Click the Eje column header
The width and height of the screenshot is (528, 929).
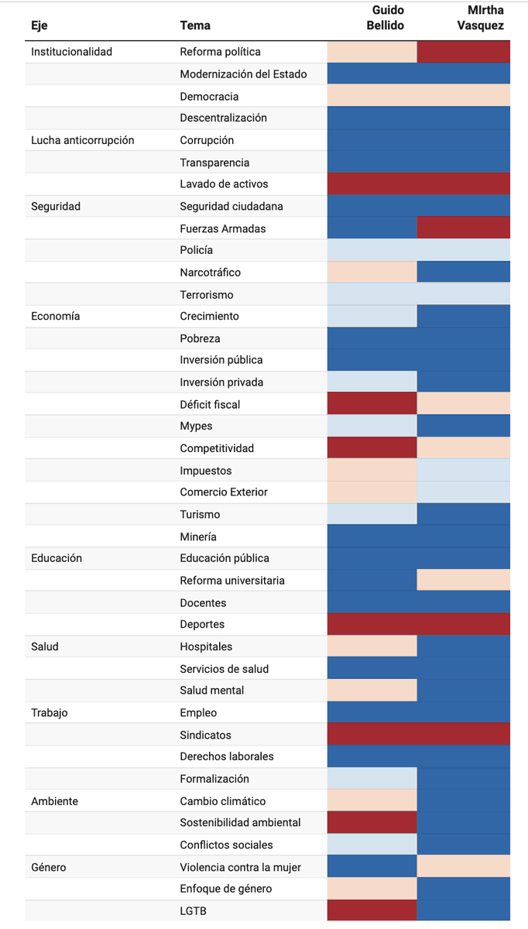[x=39, y=26]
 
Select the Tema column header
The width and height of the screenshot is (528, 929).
[x=195, y=26]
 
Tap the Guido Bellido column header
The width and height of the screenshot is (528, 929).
[x=386, y=18]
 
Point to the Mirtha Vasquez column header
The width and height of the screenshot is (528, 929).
[x=481, y=18]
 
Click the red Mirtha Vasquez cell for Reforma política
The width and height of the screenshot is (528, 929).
[x=464, y=52]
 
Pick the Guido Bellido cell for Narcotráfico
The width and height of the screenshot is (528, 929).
[x=372, y=272]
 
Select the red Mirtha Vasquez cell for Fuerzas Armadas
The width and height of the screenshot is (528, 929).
[x=464, y=228]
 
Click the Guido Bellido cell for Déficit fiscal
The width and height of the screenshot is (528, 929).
[x=372, y=403]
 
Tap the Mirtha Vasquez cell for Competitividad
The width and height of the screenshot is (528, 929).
[x=464, y=447]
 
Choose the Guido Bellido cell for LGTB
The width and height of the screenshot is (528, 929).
[x=372, y=910]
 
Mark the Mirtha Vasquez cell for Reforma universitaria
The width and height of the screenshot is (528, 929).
[x=464, y=580]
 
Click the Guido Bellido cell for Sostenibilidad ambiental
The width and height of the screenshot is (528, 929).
[x=372, y=822]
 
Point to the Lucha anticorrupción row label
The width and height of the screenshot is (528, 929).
[x=83, y=140]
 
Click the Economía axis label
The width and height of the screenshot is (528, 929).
[x=56, y=316]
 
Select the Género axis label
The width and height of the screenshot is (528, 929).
[x=49, y=867]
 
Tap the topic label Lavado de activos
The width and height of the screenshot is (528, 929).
[x=224, y=183]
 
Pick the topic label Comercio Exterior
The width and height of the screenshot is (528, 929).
[x=224, y=492]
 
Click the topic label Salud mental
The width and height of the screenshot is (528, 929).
[x=212, y=690]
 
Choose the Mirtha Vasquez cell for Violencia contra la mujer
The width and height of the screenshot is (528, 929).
[x=464, y=866]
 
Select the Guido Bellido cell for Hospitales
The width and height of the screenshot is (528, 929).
[x=372, y=646]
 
